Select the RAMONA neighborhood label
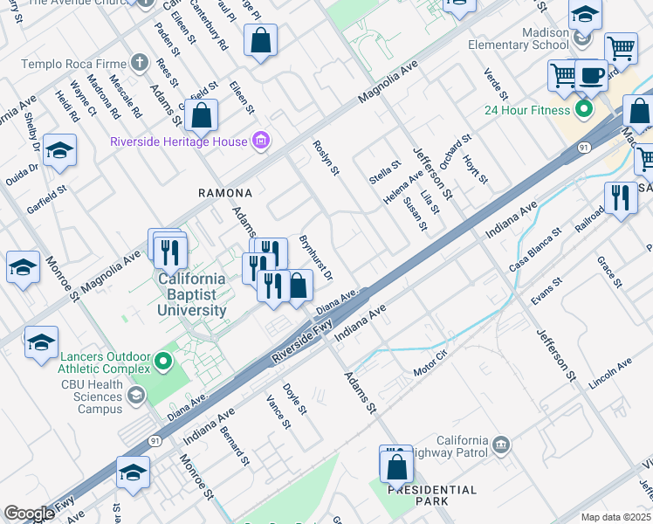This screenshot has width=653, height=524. coord(225,192)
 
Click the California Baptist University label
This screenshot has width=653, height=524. coord(192,294)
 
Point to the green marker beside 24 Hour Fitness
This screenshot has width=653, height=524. coord(584,109)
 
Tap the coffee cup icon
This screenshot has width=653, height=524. coord(590,75)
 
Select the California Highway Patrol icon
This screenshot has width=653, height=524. coord(501,445)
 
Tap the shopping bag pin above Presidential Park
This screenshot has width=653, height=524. coord(396,465)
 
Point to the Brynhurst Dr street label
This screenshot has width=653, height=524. coord(316,257)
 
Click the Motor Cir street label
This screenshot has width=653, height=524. coord(430,364)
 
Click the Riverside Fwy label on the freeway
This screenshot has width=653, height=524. coord(302,340)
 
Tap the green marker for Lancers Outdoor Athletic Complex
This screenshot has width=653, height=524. coord(162,361)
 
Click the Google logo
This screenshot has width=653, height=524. coord(29,514)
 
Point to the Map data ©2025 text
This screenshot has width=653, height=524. coord(615,517)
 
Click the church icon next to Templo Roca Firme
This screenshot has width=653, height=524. coord(139,63)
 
